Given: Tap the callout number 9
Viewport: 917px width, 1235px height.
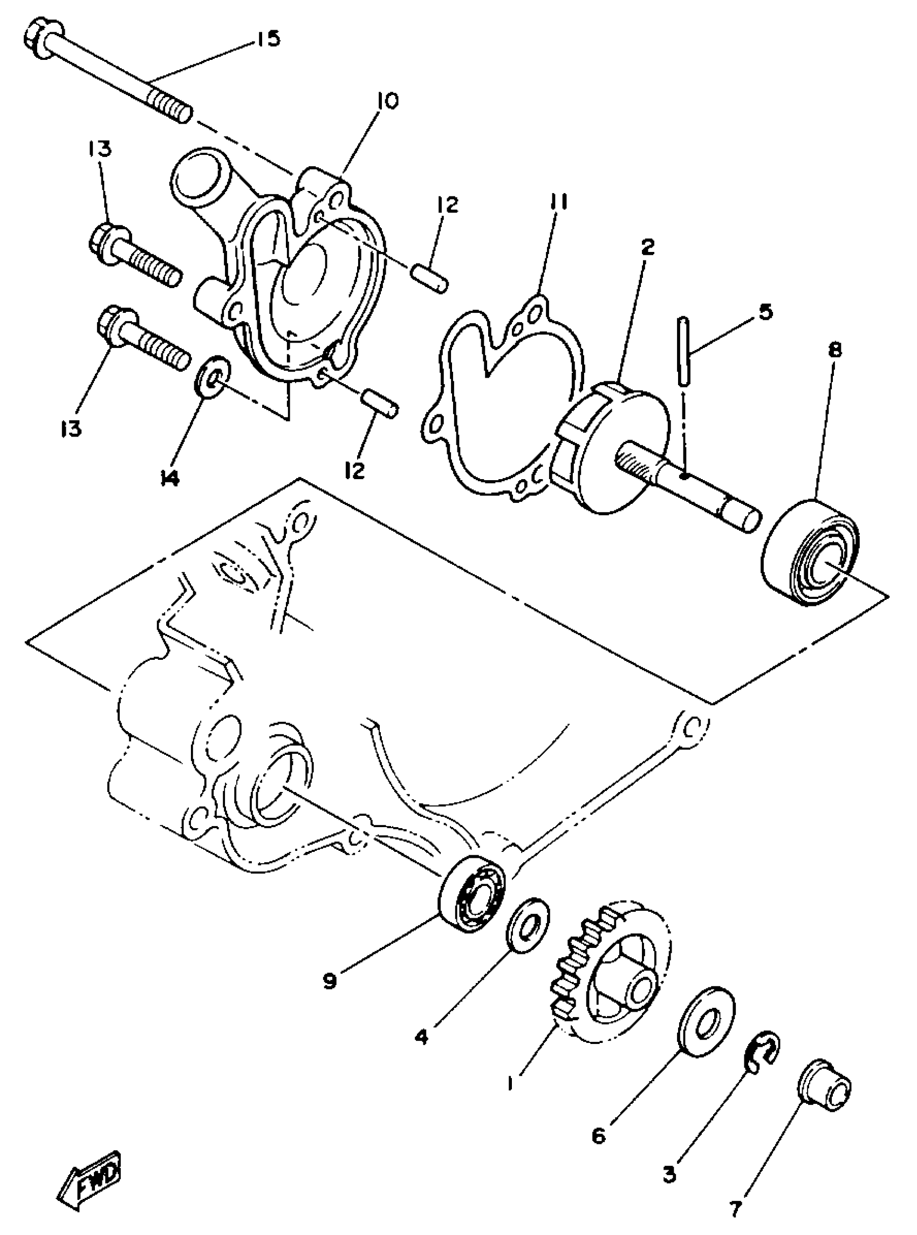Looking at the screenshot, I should pyautogui.click(x=330, y=981).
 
